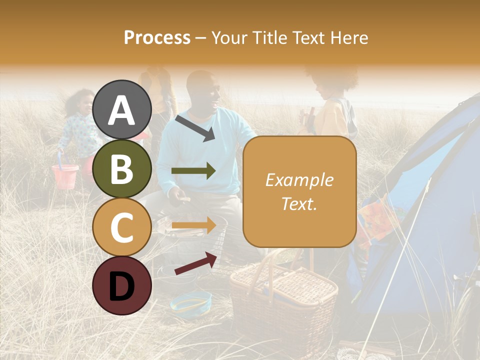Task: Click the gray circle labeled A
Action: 122,109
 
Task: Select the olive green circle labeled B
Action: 122,168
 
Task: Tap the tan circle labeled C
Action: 122,227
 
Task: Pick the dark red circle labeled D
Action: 122,285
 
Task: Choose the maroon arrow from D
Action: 195,263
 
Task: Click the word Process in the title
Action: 157,37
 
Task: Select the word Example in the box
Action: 299,180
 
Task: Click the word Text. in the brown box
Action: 299,203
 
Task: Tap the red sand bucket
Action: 65,175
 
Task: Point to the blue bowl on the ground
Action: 190,301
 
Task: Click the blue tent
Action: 425,210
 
